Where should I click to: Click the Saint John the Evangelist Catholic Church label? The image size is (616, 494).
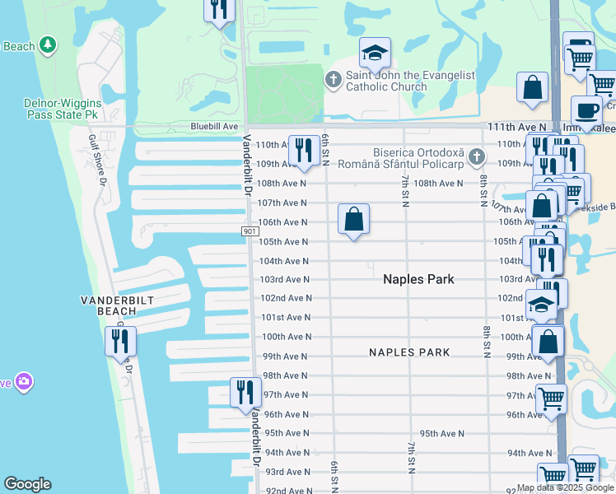[x=410, y=81]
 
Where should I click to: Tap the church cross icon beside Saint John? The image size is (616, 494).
[x=333, y=80]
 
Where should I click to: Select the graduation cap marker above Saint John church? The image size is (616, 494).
[x=375, y=55]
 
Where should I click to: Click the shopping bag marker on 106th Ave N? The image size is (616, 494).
[x=353, y=220]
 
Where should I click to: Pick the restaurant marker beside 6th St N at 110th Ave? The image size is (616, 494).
[x=303, y=149]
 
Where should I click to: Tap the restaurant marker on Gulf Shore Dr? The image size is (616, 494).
[x=120, y=341]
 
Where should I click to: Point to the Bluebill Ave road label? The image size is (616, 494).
[x=214, y=127]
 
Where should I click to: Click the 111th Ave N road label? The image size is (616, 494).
[x=516, y=128]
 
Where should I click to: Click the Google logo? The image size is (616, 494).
[x=27, y=484]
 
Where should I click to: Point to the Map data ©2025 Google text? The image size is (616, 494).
[x=565, y=487]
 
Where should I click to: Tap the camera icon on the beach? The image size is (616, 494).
[x=25, y=381]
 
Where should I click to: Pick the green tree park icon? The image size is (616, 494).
[x=49, y=44]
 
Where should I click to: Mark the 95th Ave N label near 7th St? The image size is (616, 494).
[x=442, y=433]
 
